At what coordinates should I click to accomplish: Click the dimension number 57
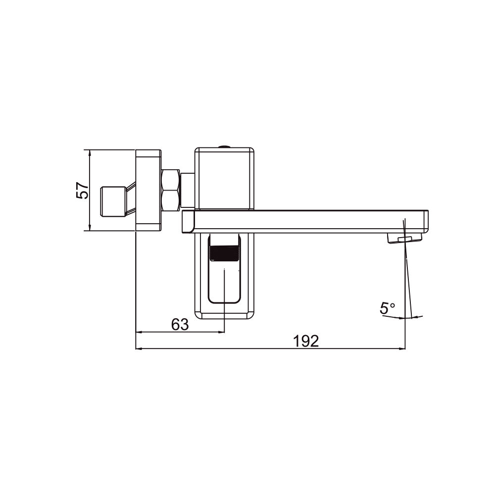(x=82, y=191)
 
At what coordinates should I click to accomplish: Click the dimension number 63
(x=180, y=324)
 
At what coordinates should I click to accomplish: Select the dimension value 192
(x=306, y=341)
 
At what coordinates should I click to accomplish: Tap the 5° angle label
(x=388, y=308)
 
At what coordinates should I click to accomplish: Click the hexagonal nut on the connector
(x=171, y=191)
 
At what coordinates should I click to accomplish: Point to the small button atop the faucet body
(x=224, y=146)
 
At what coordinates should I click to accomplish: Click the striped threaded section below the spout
(x=224, y=253)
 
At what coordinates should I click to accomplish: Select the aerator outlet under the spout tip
(x=404, y=238)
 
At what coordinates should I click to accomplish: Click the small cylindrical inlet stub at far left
(x=113, y=202)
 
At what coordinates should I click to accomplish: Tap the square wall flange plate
(x=148, y=191)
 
